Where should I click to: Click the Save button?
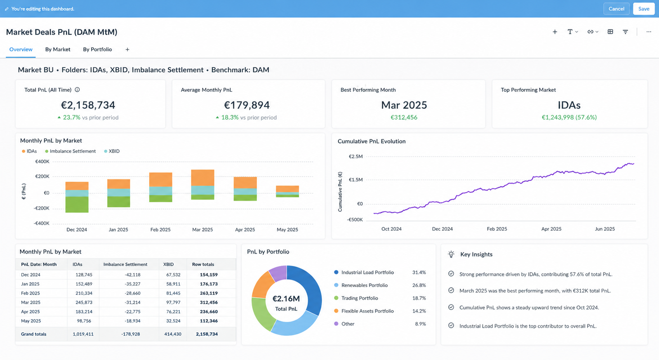tap(644, 9)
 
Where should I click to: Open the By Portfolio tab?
tap(97, 49)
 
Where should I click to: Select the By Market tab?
tap(57, 49)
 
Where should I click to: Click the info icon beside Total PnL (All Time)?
tap(77, 90)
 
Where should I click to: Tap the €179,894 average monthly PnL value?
tap(247, 105)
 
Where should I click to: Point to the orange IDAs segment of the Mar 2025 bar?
tap(203, 177)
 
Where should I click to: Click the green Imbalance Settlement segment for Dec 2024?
tap(77, 204)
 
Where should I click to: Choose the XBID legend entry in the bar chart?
tap(112, 151)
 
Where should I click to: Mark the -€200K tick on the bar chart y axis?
tap(42, 208)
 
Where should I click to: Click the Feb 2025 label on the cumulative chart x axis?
tap(497, 229)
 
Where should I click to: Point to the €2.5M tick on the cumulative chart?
tap(356, 157)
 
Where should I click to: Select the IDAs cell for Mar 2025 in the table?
tap(84, 303)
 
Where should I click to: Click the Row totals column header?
tap(203, 264)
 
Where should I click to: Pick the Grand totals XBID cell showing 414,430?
tap(173, 334)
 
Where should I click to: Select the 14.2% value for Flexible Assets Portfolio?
tap(419, 311)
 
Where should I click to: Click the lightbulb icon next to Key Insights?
tap(451, 254)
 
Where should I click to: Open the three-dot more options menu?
tap(649, 32)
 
